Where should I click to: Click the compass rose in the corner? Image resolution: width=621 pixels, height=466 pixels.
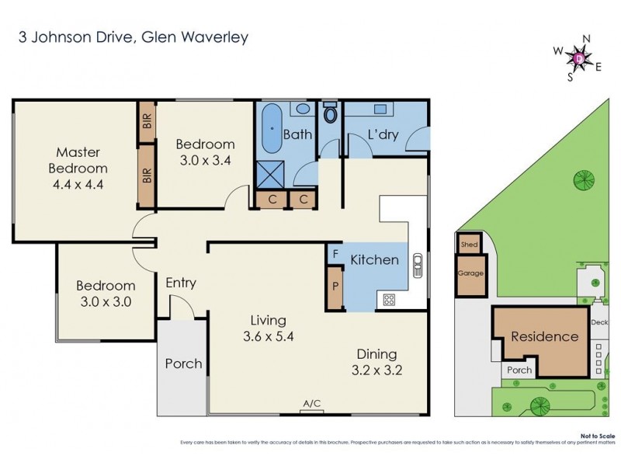[579, 57]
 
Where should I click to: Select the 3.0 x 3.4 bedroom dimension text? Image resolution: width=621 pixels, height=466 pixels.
[205, 161]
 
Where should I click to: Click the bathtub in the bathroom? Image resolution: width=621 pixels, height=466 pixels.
[270, 130]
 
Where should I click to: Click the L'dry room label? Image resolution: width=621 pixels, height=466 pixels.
[383, 134]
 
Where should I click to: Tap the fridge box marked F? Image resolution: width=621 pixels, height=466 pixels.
[335, 254]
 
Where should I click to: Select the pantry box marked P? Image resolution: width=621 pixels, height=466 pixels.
[335, 287]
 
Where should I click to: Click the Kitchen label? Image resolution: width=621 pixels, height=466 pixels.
[374, 259]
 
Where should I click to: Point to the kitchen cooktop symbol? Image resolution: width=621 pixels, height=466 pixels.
[387, 299]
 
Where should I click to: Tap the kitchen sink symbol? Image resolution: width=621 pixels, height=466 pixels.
[418, 266]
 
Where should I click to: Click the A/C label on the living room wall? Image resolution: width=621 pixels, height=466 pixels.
[313, 403]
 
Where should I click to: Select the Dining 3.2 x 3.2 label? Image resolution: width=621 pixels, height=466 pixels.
[376, 361]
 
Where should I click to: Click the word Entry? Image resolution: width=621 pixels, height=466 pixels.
[181, 283]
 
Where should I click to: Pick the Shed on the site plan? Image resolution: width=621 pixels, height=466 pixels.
[469, 244]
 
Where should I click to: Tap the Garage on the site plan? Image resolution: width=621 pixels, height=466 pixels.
[470, 274]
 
